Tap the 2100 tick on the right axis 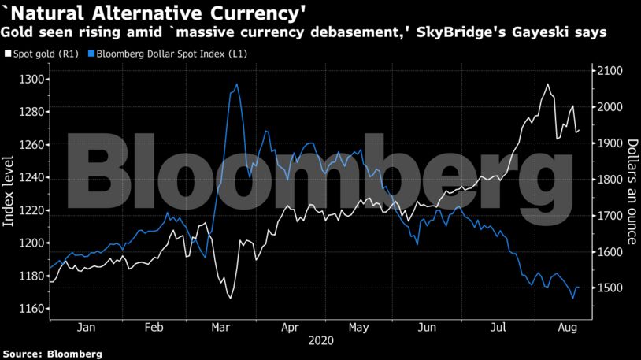(610, 71)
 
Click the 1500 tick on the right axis (610, 288)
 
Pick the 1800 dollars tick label (610, 180)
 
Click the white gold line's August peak (547, 84)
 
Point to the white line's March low (230, 298)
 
